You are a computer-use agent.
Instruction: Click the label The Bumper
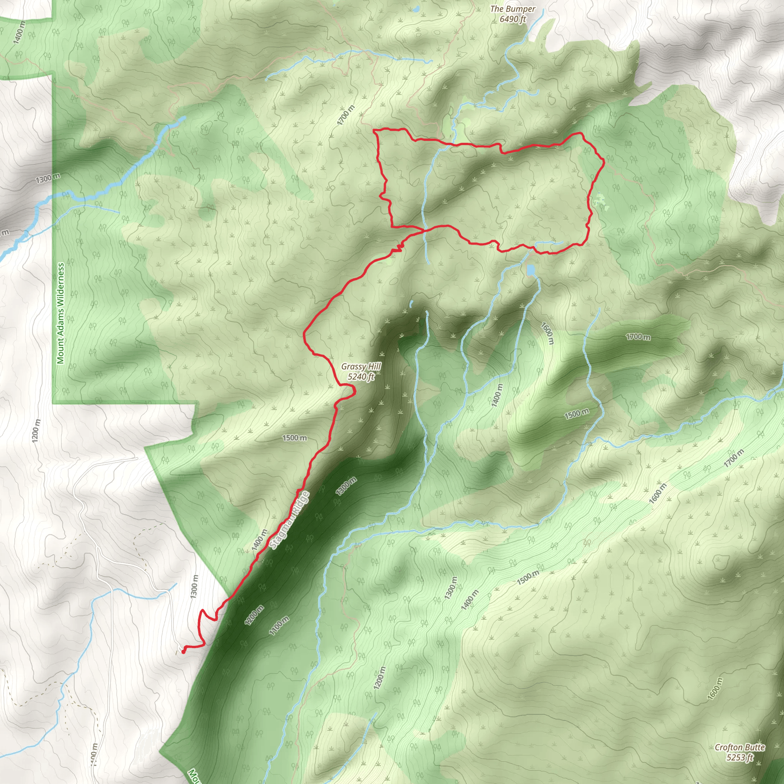[x=513, y=9]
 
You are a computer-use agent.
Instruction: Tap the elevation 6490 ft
[x=513, y=19]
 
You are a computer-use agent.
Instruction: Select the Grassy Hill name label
[x=361, y=367]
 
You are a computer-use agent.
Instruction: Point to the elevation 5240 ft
[x=361, y=377]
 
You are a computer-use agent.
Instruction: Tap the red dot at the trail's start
[x=183, y=652]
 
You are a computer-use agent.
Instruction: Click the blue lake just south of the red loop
[x=530, y=269]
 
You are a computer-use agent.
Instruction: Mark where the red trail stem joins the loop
[x=424, y=230]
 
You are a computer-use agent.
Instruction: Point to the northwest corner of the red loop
[x=374, y=130]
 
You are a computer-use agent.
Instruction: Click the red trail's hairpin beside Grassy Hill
[x=354, y=391]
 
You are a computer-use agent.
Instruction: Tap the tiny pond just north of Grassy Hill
[x=411, y=303]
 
